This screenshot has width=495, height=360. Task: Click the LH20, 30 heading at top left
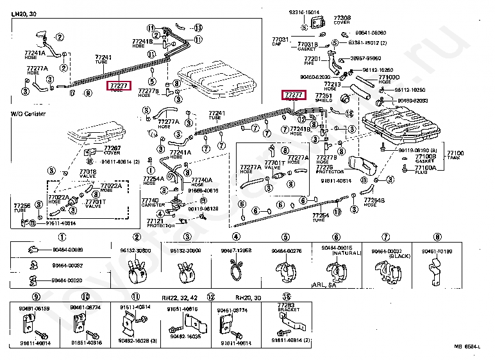pos(24,14)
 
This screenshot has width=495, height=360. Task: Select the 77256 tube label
pos(22,205)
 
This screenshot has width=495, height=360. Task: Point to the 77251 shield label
pos(331,95)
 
